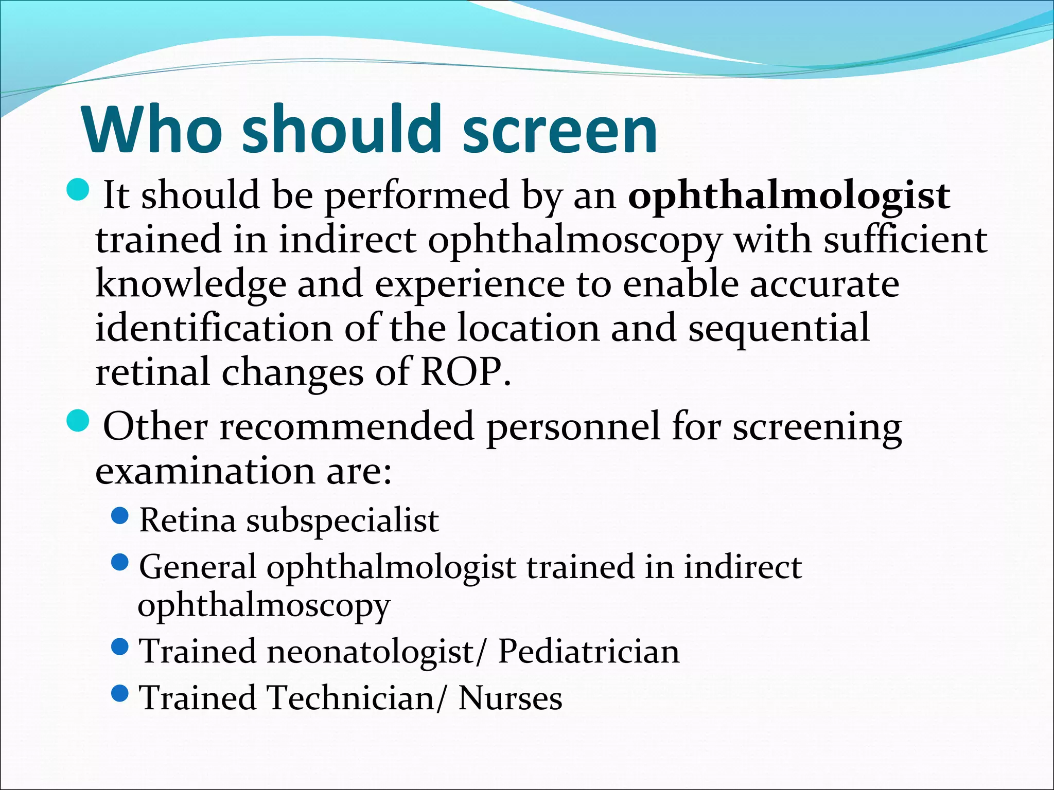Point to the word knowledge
coord(191,284)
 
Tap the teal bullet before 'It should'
coord(78,190)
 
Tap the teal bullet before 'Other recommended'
coord(78,421)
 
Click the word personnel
coord(573,427)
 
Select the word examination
coord(205,471)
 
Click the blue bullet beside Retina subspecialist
coord(119,515)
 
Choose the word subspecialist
coord(342,520)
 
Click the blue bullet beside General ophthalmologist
coord(119,562)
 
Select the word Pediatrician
coord(589,651)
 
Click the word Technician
coord(352,698)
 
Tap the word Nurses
coord(510,698)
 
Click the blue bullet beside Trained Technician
coord(119,693)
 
